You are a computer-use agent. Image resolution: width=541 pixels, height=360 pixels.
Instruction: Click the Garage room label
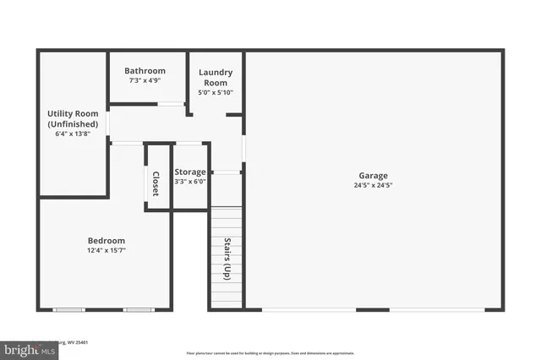(x=372, y=176)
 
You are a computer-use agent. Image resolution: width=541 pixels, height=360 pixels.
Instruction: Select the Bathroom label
(x=145, y=71)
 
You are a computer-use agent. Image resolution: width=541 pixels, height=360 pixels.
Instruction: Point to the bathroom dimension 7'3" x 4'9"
(x=145, y=80)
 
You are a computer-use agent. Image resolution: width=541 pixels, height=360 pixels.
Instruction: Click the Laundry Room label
(x=215, y=78)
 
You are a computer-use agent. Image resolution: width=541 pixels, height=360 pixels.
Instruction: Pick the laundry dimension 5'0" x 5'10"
(x=215, y=92)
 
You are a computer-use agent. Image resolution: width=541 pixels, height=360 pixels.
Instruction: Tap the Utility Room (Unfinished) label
(x=72, y=118)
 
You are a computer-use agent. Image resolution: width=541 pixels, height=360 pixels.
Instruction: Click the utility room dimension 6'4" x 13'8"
(x=72, y=133)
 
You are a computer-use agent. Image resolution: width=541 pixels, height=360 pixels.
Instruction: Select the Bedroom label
(x=106, y=240)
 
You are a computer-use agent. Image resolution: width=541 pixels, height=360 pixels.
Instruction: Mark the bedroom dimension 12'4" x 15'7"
(x=106, y=250)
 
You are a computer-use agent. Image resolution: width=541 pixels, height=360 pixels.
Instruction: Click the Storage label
(x=190, y=172)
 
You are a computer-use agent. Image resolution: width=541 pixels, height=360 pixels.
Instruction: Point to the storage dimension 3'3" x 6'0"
(x=190, y=181)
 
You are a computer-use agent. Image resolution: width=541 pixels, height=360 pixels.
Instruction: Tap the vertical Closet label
(x=156, y=184)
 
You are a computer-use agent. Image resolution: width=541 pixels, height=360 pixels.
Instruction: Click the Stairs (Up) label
(x=227, y=259)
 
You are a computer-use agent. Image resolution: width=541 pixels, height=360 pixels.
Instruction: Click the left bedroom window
(x=69, y=309)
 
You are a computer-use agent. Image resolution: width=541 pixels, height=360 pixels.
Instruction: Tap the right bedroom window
(x=138, y=309)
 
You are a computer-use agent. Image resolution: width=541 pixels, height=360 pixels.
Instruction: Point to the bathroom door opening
(x=172, y=104)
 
